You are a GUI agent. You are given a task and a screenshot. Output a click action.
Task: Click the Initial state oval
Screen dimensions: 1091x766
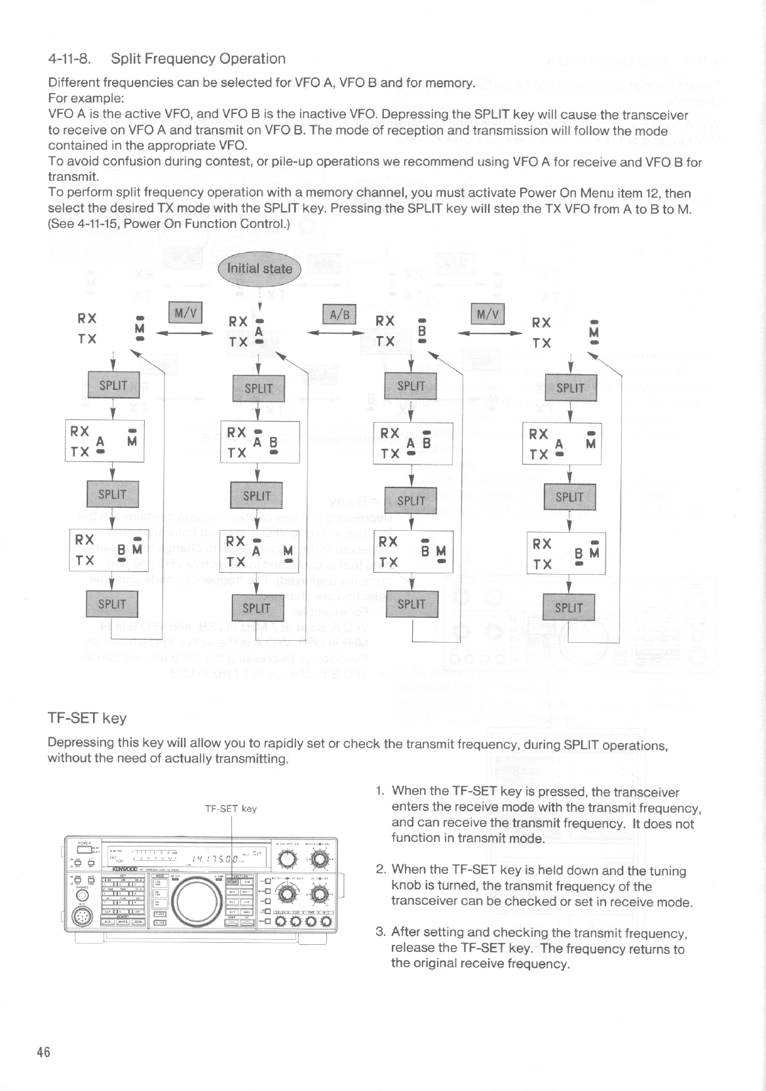[x=259, y=269]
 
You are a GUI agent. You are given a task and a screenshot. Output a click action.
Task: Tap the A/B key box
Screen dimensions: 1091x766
[x=338, y=315]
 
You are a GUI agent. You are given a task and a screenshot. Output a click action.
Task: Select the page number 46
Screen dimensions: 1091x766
[x=43, y=1052]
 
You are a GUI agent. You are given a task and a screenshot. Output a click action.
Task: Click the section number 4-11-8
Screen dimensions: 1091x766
[x=69, y=59]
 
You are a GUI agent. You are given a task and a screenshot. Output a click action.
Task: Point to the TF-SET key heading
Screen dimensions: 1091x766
[x=87, y=718]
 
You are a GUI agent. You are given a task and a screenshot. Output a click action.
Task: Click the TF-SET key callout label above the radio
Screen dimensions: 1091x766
[x=231, y=809]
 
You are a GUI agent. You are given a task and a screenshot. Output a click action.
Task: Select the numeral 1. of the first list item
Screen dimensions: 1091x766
[x=380, y=792]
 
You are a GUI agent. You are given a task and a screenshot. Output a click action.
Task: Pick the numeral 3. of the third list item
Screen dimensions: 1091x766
[x=380, y=932]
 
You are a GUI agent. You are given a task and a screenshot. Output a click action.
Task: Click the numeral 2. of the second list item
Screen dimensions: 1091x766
[x=380, y=871]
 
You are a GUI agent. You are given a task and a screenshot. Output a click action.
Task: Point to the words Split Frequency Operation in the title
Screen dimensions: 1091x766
[x=198, y=59]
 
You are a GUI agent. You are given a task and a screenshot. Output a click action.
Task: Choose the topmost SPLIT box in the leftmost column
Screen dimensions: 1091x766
[x=113, y=385]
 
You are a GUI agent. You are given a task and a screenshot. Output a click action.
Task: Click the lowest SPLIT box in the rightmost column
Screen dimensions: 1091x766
[x=569, y=607]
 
